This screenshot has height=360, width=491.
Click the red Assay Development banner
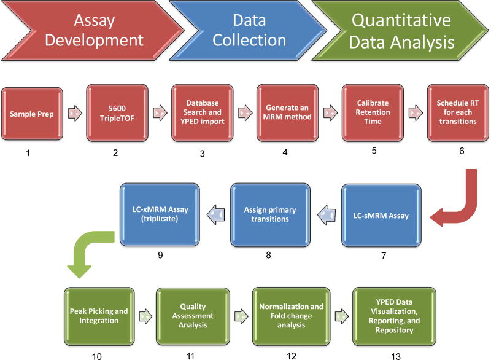(x=86, y=33)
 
